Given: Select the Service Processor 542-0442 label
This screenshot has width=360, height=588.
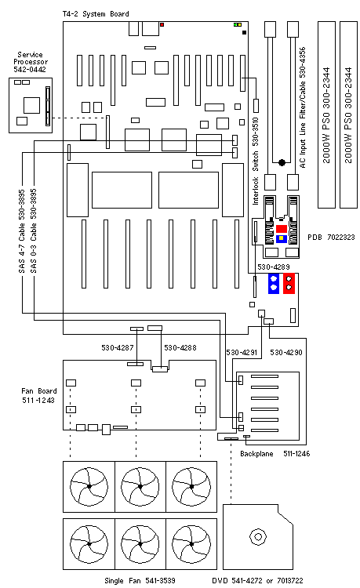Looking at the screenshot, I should (30, 62).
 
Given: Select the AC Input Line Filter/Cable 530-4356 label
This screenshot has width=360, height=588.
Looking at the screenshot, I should (302, 109).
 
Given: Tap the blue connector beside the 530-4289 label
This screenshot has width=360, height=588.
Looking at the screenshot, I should (275, 283).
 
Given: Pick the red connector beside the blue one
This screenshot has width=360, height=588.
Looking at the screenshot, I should (289, 283).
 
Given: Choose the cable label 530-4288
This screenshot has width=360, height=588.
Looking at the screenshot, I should (180, 346).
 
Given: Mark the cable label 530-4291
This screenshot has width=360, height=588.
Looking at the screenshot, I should (242, 353).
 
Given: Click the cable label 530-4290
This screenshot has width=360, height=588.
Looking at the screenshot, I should (285, 353).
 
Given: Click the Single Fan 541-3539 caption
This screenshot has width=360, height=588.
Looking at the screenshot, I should (138, 580).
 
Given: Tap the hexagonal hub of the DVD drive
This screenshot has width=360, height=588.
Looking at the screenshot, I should (255, 538).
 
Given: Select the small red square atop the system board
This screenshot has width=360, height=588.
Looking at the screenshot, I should (162, 25).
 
